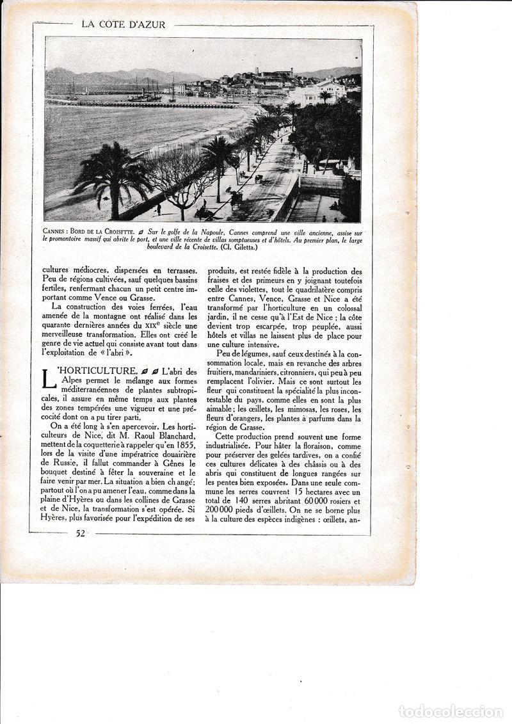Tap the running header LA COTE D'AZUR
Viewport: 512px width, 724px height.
[x=124, y=25]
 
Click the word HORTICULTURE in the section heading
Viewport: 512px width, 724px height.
[x=93, y=371]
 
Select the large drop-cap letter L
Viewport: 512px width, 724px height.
[x=49, y=378]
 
